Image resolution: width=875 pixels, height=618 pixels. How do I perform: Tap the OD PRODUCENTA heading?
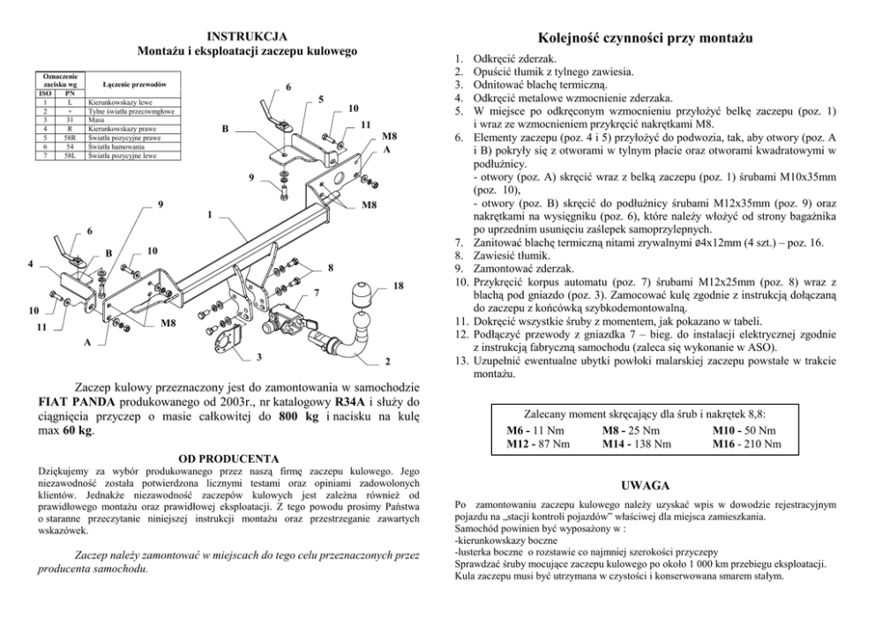pyautogui.click(x=228, y=458)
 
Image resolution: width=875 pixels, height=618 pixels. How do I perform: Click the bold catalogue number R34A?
pyautogui.click(x=342, y=403)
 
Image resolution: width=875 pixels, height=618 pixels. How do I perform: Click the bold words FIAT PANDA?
pyautogui.click(x=74, y=403)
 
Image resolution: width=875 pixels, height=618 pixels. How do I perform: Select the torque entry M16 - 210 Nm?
pyautogui.click(x=746, y=443)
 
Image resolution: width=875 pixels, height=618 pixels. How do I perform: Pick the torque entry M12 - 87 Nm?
pyautogui.click(x=538, y=443)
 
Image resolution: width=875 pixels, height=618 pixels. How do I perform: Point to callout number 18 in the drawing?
pyautogui.click(x=399, y=286)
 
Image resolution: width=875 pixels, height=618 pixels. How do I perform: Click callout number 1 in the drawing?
pyautogui.click(x=209, y=214)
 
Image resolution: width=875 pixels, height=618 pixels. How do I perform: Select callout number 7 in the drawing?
pyautogui.click(x=315, y=292)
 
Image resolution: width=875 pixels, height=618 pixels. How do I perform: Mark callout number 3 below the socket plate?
pyautogui.click(x=258, y=356)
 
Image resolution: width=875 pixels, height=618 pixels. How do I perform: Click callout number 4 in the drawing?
pyautogui.click(x=30, y=263)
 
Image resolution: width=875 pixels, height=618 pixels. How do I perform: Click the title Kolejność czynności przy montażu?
pyautogui.click(x=644, y=40)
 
